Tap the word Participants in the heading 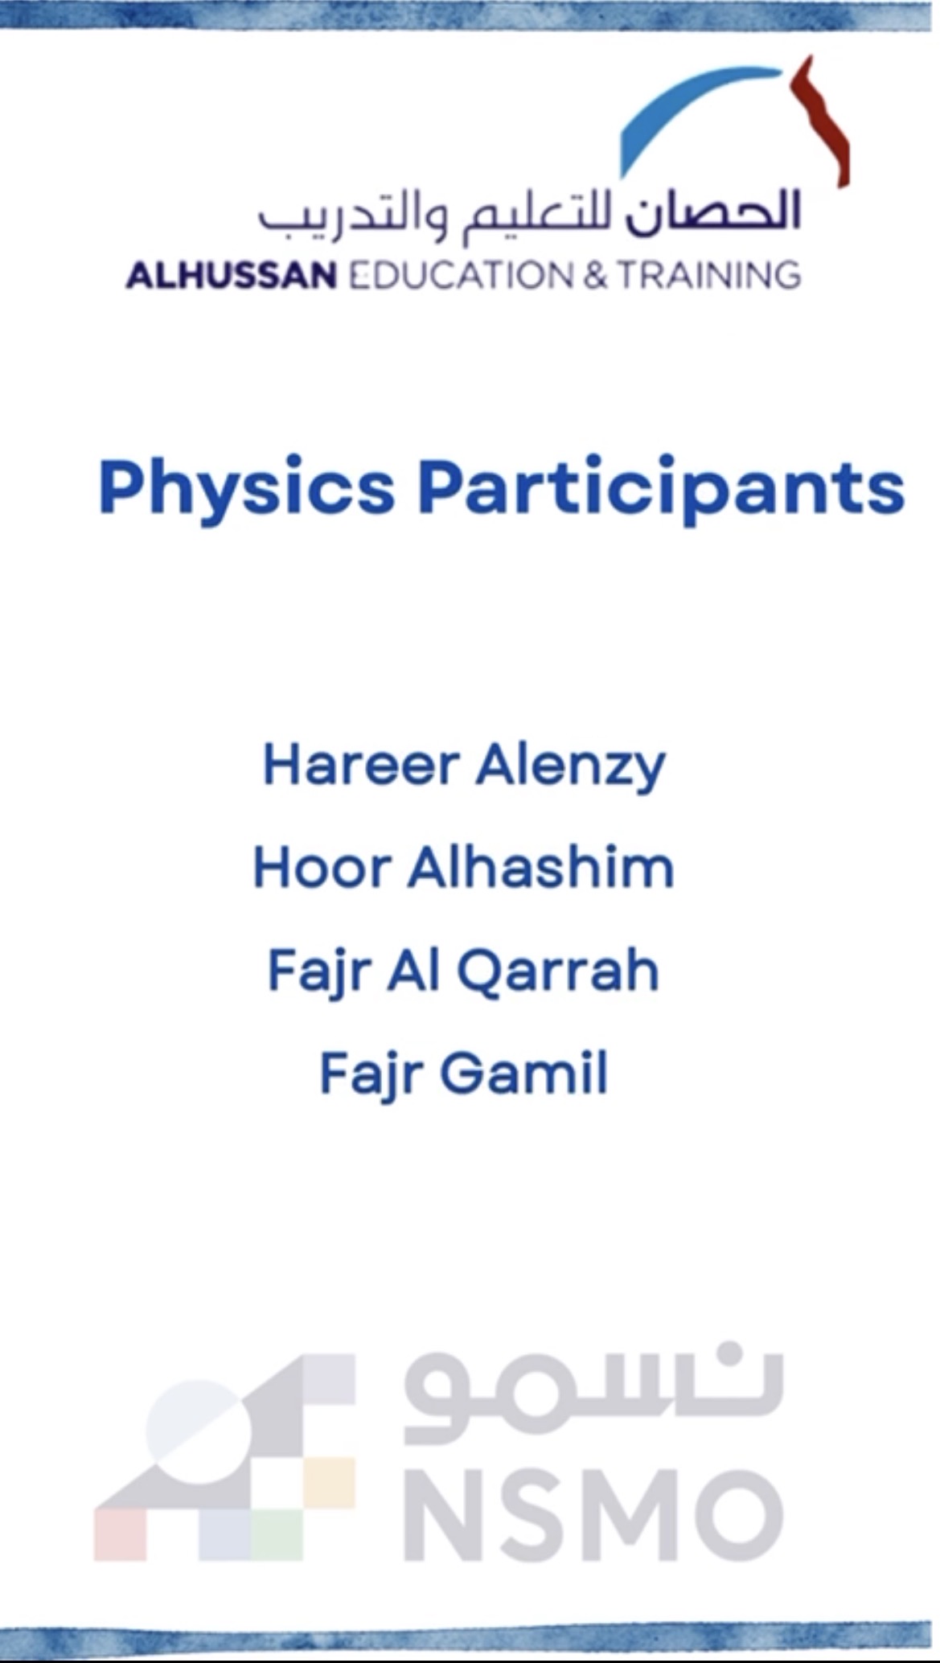coord(661,487)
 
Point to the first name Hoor coord(322,868)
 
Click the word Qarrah coord(558,971)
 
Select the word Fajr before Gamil coord(372,1075)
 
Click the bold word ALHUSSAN coord(231,275)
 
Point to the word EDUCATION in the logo coord(461,275)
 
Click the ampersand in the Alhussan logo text coord(595,275)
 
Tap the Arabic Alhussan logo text coord(528,213)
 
